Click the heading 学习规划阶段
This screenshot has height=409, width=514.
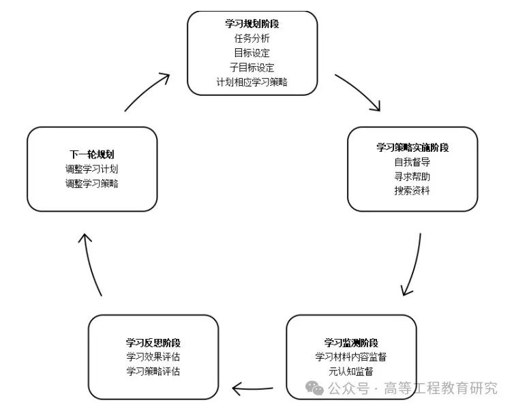(252, 24)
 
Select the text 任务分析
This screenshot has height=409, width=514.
(252, 39)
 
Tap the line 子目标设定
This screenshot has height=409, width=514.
(252, 68)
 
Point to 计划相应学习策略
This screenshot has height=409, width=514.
(252, 82)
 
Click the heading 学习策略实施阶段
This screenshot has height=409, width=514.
(412, 147)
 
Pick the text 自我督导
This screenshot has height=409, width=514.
(412, 162)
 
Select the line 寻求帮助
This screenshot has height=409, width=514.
(412, 176)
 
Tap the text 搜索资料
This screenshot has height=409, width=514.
(412, 191)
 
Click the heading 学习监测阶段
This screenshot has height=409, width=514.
(351, 342)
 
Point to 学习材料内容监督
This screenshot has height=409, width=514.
(351, 357)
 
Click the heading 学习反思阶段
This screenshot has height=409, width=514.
(153, 342)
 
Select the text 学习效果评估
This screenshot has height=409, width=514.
(153, 357)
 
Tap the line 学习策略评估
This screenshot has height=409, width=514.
(153, 371)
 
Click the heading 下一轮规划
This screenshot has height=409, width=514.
(91, 154)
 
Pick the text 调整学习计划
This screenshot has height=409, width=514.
(91, 169)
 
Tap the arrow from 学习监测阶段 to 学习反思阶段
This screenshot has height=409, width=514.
(252, 389)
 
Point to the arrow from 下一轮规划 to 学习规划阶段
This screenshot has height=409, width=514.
(147, 91)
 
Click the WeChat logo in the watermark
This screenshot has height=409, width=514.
(315, 389)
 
